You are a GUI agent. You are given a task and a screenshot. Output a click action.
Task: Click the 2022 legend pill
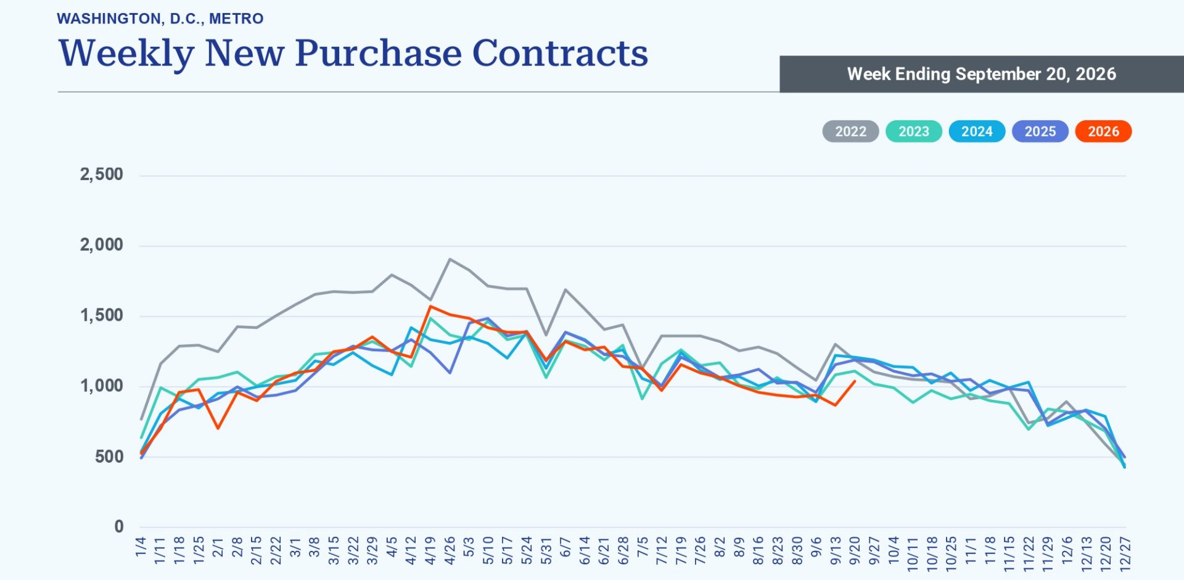pyautogui.click(x=850, y=131)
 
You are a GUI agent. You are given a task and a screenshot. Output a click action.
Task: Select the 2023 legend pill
pyautogui.click(x=913, y=131)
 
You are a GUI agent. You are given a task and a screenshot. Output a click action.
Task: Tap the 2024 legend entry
pyautogui.click(x=977, y=131)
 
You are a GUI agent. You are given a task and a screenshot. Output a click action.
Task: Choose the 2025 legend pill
pyautogui.click(x=1040, y=131)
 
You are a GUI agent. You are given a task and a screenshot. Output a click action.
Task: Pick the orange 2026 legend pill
pyautogui.click(x=1103, y=131)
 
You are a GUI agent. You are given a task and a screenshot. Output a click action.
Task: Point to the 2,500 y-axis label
pyautogui.click(x=101, y=175)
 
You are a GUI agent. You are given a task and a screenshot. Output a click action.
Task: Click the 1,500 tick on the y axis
pyautogui.click(x=101, y=315)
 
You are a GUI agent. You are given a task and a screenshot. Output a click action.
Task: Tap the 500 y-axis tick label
pyautogui.click(x=109, y=457)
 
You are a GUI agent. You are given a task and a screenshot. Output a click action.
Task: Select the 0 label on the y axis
pyautogui.click(x=119, y=526)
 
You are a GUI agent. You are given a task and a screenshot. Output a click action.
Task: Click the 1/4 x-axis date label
pyautogui.click(x=141, y=547)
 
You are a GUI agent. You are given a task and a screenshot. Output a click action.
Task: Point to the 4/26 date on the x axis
pyautogui.click(x=450, y=550)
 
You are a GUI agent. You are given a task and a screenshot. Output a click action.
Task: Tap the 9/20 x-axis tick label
pyautogui.click(x=855, y=550)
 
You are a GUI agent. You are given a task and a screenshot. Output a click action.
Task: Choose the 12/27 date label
pyautogui.click(x=1125, y=553)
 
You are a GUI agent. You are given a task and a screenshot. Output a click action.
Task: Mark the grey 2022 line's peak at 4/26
pyautogui.click(x=450, y=259)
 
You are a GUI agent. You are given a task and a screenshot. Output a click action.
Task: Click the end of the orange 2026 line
pyautogui.click(x=855, y=381)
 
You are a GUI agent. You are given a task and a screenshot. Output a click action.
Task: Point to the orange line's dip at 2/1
pyautogui.click(x=218, y=428)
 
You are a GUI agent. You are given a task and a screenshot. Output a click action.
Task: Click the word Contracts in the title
pyautogui.click(x=560, y=53)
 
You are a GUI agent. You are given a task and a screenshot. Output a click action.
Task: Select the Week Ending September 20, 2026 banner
pyautogui.click(x=982, y=74)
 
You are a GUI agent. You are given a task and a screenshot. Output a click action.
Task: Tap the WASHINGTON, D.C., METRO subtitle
pyautogui.click(x=160, y=19)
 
